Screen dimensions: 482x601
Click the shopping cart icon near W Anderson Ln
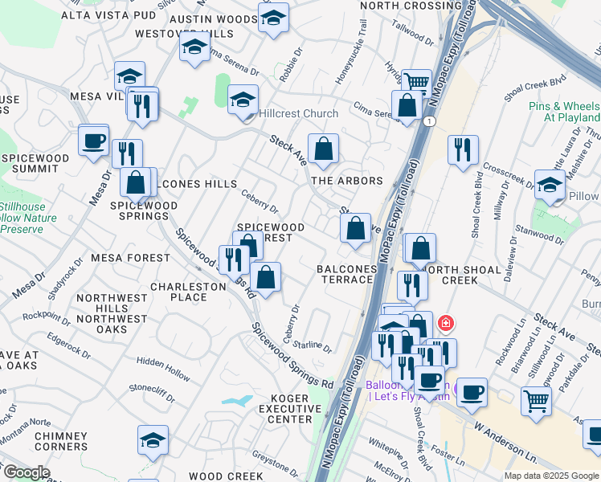(x=536, y=399)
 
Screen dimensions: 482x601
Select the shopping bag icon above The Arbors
(x=323, y=149)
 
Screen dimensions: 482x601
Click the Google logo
(x=27, y=472)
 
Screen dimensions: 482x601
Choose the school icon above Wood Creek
(x=153, y=440)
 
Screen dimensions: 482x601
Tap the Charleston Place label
(x=188, y=292)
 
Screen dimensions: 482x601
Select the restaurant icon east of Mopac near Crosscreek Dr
(x=463, y=150)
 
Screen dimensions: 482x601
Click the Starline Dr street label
(x=312, y=346)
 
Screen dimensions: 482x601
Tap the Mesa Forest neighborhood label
(x=130, y=258)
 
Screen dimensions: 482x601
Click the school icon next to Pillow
(x=550, y=184)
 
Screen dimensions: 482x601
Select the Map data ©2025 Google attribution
(x=551, y=476)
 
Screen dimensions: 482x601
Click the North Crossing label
(x=411, y=6)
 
